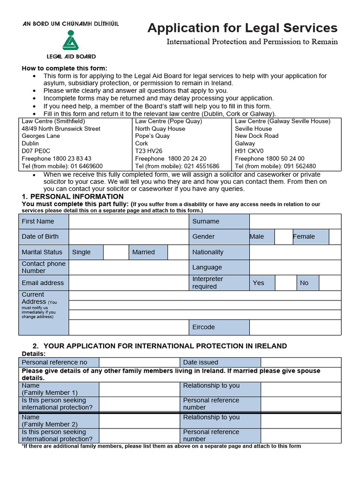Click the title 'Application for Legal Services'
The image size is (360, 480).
pyautogui.click(x=242, y=28)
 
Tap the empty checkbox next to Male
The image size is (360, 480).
pyautogui.click(x=284, y=237)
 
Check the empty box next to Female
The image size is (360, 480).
pyautogui.click(x=335, y=237)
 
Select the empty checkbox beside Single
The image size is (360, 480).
pyautogui.click(x=116, y=252)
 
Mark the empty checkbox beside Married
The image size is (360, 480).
pyautogui.click(x=178, y=252)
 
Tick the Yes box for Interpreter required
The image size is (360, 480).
pyautogui.click(x=285, y=283)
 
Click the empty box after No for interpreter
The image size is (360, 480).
pyautogui.click(x=330, y=283)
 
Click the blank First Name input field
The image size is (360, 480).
pyautogui.click(x=128, y=221)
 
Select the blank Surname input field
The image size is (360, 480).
pyautogui.click(x=295, y=221)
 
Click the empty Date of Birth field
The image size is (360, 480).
pyautogui.click(x=128, y=237)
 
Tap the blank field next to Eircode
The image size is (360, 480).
pyautogui.click(x=295, y=327)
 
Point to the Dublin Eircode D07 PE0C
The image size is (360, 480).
pyautogui.click(x=37, y=151)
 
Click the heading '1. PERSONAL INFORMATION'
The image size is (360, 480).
pyautogui.click(x=73, y=196)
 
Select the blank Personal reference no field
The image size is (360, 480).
pyautogui.click(x=139, y=362)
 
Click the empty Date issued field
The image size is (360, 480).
pyautogui.click(x=301, y=362)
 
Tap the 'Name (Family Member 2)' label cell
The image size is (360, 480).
pyautogui.click(x=59, y=420)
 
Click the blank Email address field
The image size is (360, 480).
pyautogui.click(x=128, y=283)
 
